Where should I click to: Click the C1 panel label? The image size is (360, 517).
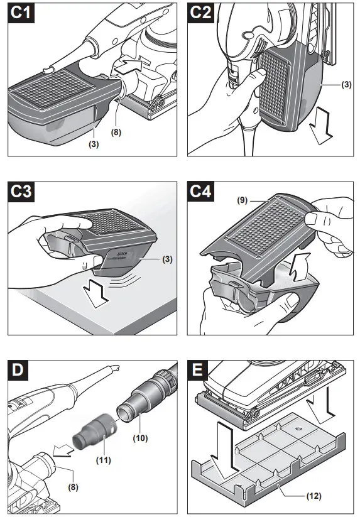click(x=21, y=13)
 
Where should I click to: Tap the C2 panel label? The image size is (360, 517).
click(x=201, y=13)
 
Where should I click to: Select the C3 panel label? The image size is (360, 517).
click(x=21, y=192)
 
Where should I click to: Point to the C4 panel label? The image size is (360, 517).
click(x=201, y=192)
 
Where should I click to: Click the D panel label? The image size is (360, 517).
click(x=18, y=370)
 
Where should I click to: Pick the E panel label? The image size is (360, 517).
click(x=197, y=370)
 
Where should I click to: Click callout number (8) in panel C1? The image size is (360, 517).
click(x=116, y=132)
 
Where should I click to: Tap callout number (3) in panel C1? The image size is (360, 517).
click(x=94, y=144)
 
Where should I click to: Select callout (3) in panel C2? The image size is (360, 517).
click(x=346, y=84)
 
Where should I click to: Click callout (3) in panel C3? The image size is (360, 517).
click(x=168, y=259)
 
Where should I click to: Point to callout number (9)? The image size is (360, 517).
click(x=243, y=200)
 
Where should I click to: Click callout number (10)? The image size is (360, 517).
click(x=140, y=438)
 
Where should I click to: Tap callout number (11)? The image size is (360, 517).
click(x=104, y=460)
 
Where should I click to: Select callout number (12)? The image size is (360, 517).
click(x=314, y=496)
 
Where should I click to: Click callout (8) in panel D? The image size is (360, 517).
click(x=73, y=487)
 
